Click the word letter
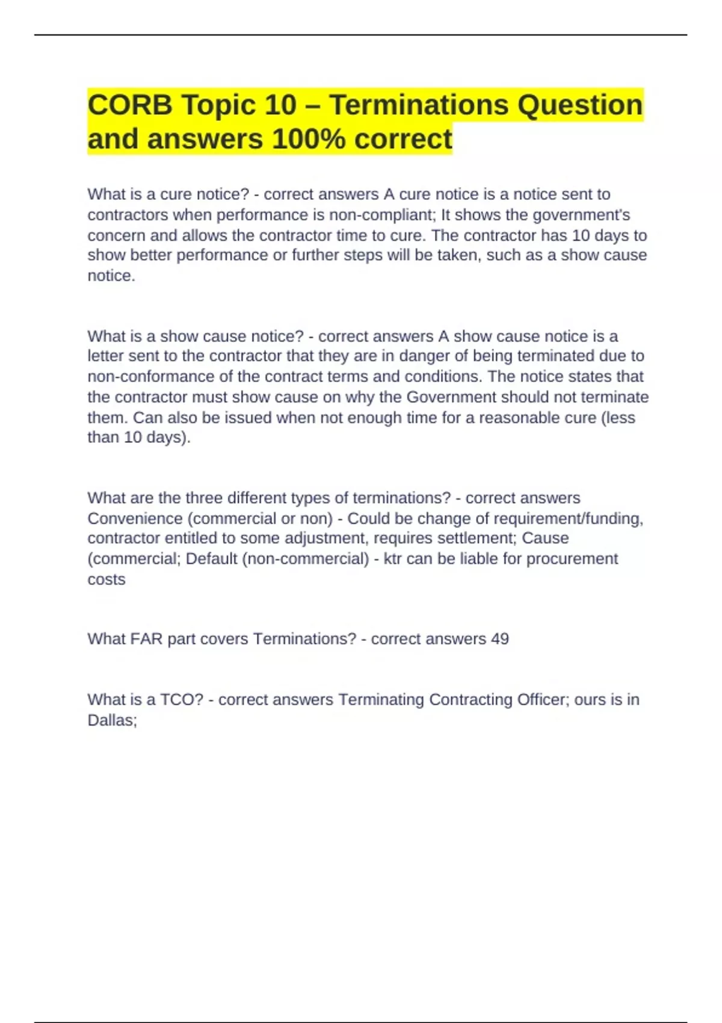(105, 356)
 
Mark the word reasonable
(531, 418)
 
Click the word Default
(211, 559)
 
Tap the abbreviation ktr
(392, 559)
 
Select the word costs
(106, 579)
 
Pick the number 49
(499, 639)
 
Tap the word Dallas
(112, 720)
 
